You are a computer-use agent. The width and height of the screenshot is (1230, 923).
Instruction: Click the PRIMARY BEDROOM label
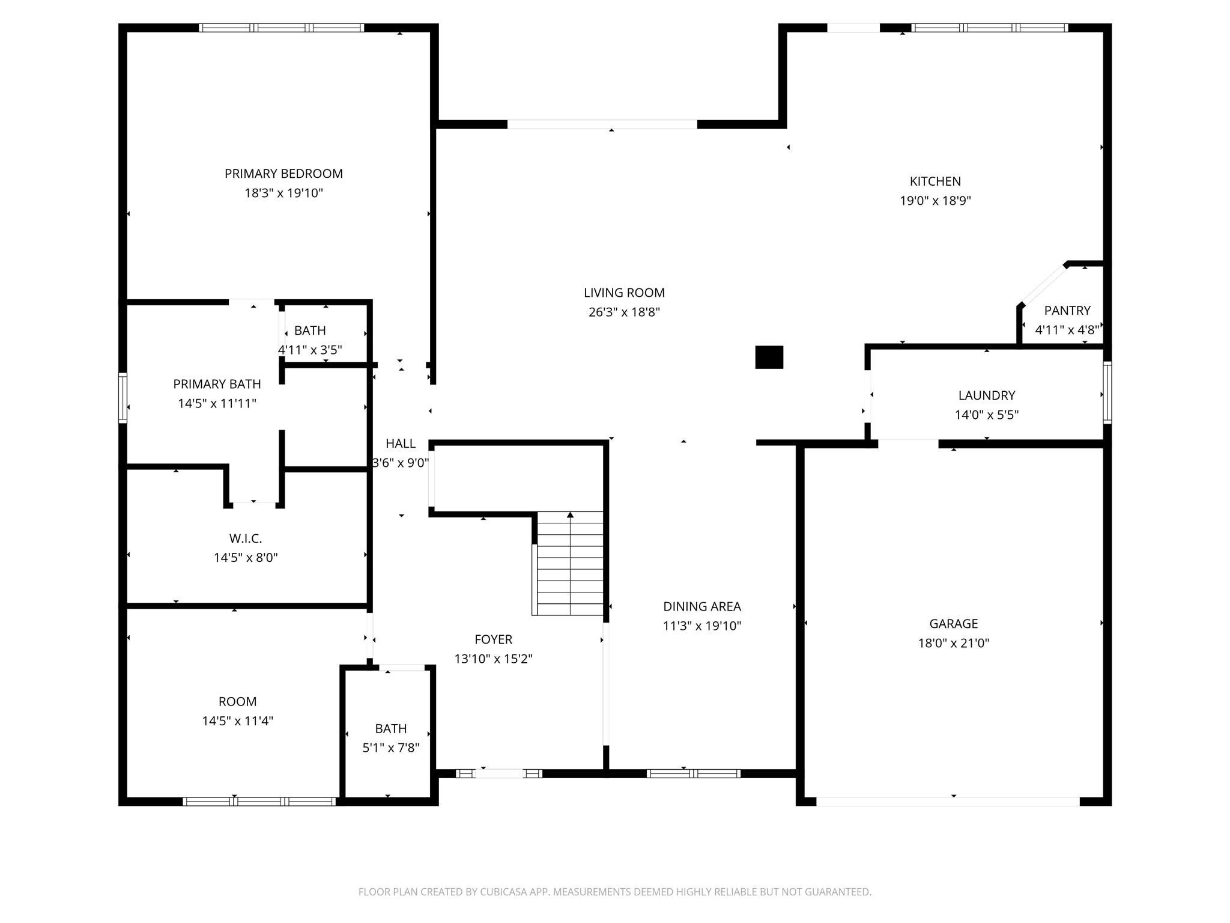[x=283, y=174]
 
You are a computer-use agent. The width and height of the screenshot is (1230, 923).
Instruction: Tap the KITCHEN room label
[x=935, y=181]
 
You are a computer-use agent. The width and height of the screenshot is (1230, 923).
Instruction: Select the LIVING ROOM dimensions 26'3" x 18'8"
[x=624, y=312]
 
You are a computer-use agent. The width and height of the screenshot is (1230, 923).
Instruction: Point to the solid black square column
[x=769, y=357]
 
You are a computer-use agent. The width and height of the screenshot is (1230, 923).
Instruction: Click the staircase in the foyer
[x=568, y=563]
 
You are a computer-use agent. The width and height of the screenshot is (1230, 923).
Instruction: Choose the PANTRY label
[x=1067, y=311]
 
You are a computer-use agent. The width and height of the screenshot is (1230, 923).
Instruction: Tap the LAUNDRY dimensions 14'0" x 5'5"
[x=987, y=415]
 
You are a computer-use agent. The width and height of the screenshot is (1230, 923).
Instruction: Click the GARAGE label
[x=954, y=624]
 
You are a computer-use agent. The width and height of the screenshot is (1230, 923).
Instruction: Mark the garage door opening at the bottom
[x=948, y=801]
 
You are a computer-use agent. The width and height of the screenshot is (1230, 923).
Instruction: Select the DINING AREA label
[x=702, y=607]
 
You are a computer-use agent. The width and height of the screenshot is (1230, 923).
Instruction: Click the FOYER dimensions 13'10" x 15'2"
[x=494, y=659]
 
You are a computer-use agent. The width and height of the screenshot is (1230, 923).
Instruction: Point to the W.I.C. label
[x=246, y=539]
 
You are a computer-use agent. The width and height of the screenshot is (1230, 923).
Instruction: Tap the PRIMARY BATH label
[x=217, y=384]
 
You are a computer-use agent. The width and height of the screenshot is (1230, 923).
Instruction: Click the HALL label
[x=401, y=443]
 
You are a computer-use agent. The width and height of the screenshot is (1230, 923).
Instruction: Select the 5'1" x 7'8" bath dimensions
[x=391, y=748]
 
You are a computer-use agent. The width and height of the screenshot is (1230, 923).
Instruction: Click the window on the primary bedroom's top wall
[x=282, y=28]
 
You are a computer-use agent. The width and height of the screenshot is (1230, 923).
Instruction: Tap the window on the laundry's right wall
[x=1107, y=392]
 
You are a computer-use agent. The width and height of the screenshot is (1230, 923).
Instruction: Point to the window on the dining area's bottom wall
[x=694, y=773]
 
